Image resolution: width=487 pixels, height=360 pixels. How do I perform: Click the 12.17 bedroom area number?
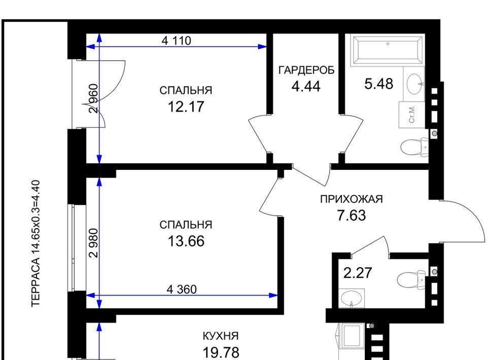click(x=186, y=107)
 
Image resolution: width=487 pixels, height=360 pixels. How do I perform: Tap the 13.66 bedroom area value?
click(x=186, y=241)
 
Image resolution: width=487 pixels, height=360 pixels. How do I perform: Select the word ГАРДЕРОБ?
click(x=306, y=70)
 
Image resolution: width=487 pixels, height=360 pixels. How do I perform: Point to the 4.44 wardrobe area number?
click(x=306, y=86)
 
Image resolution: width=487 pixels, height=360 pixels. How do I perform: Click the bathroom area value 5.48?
click(x=378, y=84)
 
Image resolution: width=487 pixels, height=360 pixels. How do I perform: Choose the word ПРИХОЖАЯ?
click(x=351, y=199)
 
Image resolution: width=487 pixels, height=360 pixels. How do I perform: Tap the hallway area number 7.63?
click(x=352, y=215)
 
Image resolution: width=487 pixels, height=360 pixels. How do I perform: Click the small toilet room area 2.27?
click(x=358, y=273)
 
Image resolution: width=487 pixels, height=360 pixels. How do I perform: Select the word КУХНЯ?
click(x=221, y=336)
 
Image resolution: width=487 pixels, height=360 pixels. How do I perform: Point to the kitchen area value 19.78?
click(x=221, y=353)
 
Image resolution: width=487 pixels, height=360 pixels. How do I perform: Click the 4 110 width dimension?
click(x=177, y=41)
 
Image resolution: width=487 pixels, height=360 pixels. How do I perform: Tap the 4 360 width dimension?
click(x=182, y=290)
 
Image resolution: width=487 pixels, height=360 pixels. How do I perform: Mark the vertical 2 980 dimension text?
click(x=93, y=243)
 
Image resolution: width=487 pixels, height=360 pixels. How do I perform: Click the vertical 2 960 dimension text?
click(x=93, y=99)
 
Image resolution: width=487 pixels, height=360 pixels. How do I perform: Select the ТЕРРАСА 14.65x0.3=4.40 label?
click(x=36, y=243)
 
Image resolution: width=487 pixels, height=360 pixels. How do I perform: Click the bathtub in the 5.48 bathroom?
click(x=388, y=50)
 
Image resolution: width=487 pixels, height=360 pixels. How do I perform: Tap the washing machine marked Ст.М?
click(x=412, y=115)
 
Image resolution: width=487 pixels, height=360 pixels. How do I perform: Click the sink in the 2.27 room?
click(x=351, y=299)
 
